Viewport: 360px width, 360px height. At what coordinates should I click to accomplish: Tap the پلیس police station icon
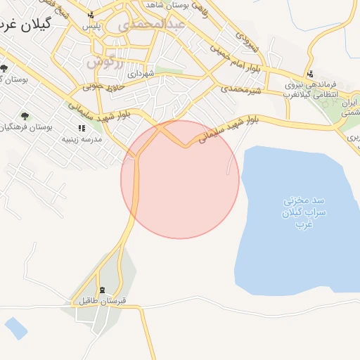tap(90, 15)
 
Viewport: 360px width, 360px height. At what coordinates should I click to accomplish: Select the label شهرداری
tap(141, 73)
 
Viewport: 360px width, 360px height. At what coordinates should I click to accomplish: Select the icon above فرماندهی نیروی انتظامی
tap(309, 75)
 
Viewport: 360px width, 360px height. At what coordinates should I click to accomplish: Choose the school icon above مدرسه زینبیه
tap(82, 129)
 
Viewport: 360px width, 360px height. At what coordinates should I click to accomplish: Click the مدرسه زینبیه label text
tap(82, 139)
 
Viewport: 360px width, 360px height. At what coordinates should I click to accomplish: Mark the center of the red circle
tap(180, 179)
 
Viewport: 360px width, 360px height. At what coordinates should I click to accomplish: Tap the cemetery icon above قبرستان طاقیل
tap(103, 290)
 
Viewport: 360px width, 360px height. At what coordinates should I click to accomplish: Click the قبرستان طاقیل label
tap(102, 302)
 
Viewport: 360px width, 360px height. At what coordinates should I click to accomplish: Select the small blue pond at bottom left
tap(15, 328)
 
